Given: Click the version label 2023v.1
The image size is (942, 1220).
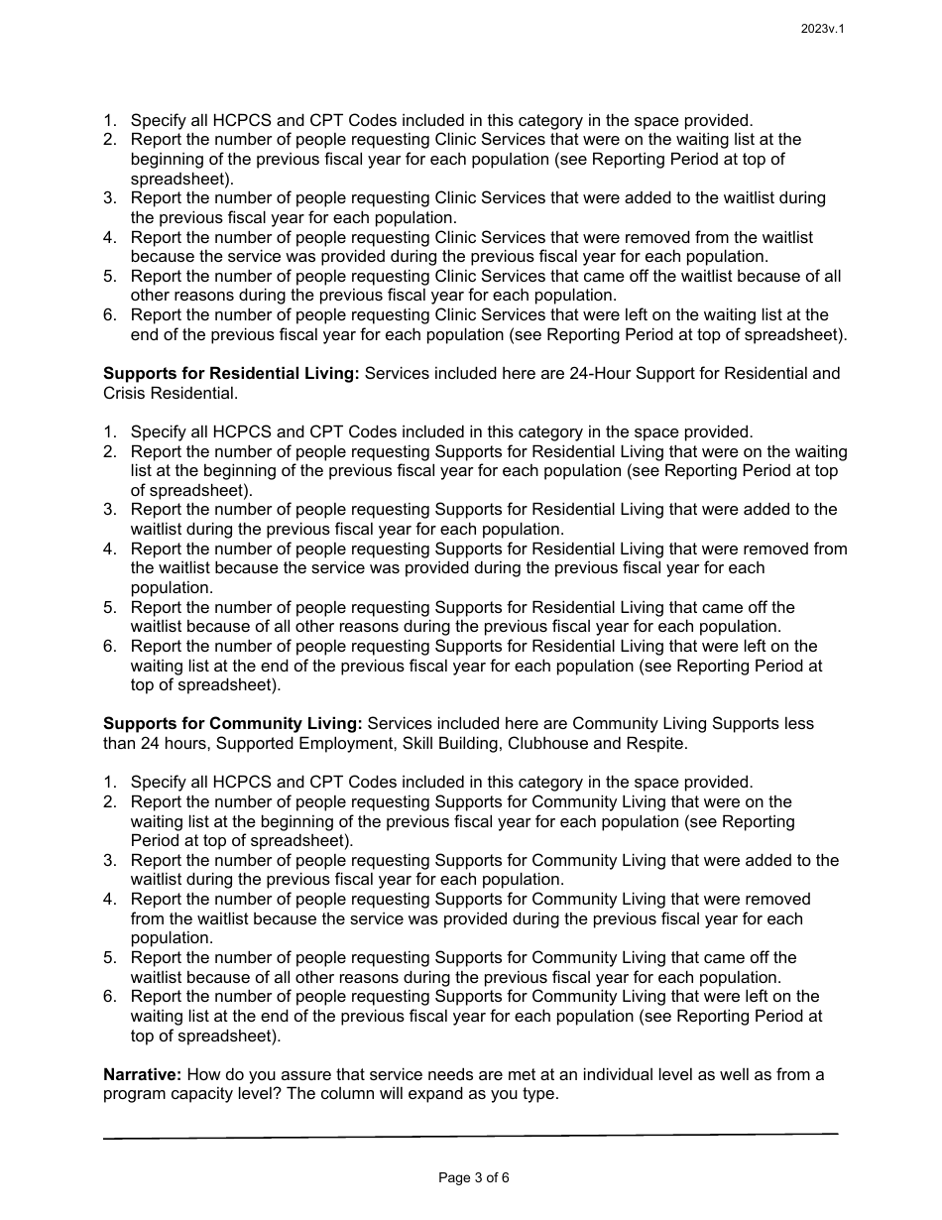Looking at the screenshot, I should coord(822,29).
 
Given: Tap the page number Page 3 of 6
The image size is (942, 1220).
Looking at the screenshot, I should coord(473,1178).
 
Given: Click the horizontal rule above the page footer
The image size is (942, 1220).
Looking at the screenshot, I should coord(471,1136).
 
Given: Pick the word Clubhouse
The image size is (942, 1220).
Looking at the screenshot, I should coord(557,743).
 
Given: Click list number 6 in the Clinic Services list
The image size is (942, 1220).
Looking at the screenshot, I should coord(110,315).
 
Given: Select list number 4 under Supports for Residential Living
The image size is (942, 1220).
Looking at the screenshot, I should coord(110,549).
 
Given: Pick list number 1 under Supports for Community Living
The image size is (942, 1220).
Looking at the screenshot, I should coord(110,783).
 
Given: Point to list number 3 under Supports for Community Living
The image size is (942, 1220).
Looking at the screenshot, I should coord(110,860).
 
